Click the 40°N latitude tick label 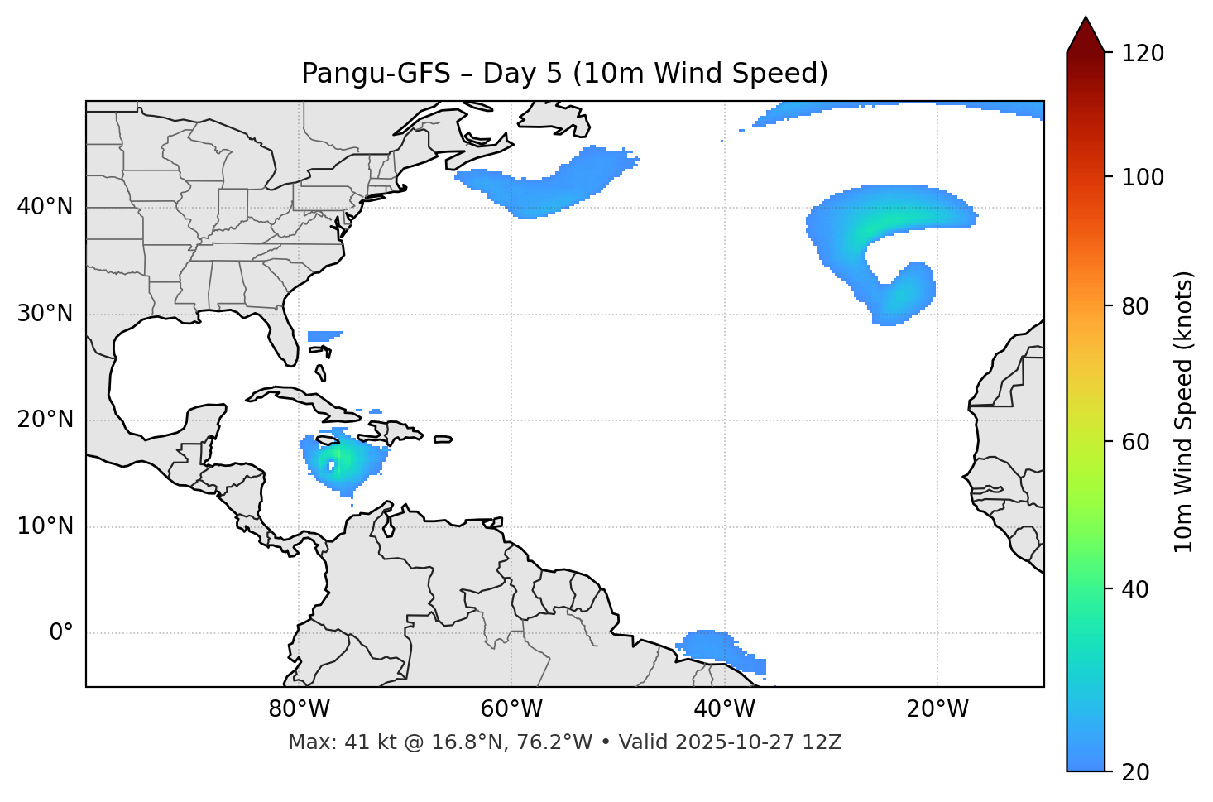[45, 207]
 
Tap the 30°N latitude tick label [45, 314]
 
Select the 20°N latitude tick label [45, 420]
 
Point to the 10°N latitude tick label [45, 526]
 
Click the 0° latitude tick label [60, 633]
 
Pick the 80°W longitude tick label [299, 709]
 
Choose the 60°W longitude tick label [511, 709]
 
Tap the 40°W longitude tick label [725, 709]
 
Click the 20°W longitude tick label [937, 709]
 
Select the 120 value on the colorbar [1142, 54]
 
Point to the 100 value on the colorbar [1142, 177]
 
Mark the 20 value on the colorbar [1136, 772]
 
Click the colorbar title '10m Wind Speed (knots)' [1184, 411]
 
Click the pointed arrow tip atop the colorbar [1086, 20]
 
